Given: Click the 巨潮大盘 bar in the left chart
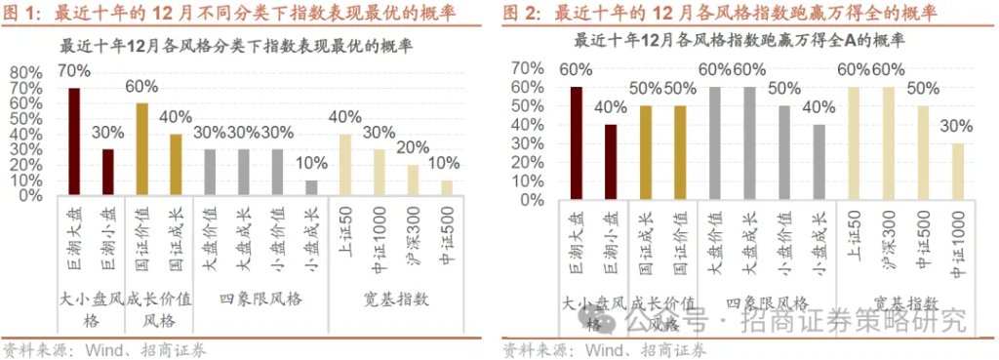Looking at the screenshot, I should tap(74, 141).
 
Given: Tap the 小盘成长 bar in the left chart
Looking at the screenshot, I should tap(310, 187).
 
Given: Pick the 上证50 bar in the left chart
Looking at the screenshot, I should tap(344, 164).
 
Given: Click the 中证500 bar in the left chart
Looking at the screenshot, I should tap(446, 187).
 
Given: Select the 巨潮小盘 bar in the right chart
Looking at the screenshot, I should tap(611, 161).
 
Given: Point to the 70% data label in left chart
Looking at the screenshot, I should tap(74, 70).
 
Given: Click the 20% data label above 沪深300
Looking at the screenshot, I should tap(413, 146).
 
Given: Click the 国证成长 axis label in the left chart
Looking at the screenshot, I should tap(176, 230).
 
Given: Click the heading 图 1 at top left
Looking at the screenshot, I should tap(20, 14).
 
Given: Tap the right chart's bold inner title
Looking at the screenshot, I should tap(739, 41).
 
